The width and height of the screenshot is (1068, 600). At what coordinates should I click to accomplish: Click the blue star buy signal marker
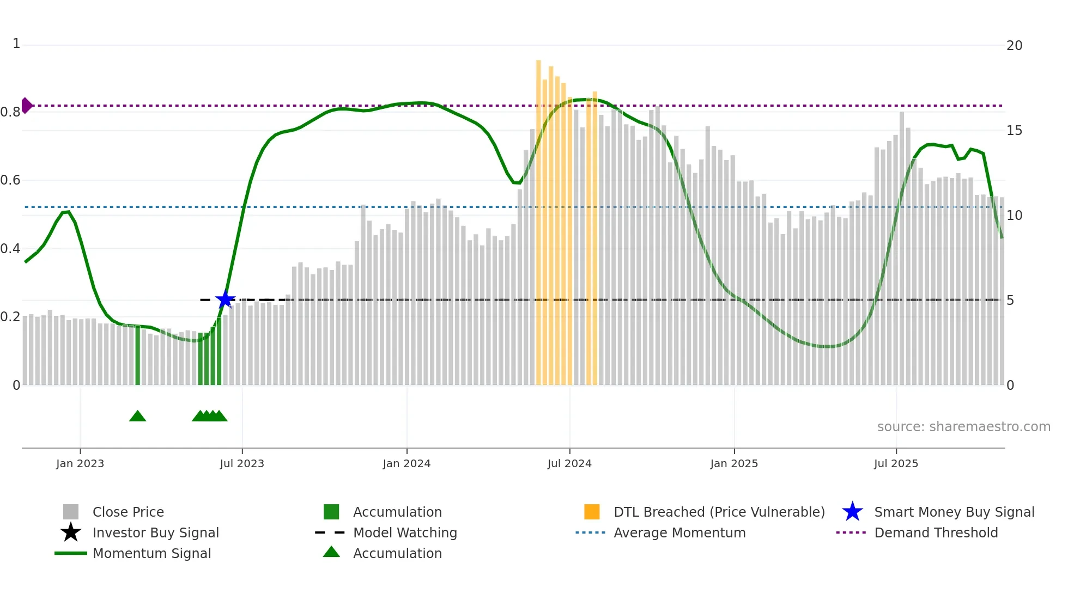224,299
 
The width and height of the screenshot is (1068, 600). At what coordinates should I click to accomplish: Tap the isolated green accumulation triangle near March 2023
137,417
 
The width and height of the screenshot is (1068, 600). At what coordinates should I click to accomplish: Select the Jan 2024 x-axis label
406,463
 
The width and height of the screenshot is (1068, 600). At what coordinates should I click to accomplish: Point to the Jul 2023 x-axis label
242,463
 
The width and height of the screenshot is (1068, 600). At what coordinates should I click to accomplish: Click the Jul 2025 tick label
896,463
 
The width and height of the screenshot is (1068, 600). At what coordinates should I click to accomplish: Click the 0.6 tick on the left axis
10,180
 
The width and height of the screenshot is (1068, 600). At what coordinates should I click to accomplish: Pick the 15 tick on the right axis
1014,131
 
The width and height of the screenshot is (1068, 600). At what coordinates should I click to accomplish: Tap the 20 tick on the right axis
1014,46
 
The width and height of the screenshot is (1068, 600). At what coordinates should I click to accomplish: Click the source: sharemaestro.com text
963,427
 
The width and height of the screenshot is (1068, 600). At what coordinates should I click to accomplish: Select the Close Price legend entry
128,512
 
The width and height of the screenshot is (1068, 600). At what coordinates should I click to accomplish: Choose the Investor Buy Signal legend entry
155,533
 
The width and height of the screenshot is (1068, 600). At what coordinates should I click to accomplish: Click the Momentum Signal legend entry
151,554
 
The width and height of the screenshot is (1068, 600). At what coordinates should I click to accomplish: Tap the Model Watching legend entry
405,533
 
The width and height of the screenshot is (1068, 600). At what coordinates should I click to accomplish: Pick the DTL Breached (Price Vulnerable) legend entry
719,512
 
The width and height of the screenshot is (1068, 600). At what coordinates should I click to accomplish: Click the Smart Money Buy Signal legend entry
954,512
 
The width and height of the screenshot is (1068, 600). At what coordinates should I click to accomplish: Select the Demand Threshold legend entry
936,533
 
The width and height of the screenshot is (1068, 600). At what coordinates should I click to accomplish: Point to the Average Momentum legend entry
679,533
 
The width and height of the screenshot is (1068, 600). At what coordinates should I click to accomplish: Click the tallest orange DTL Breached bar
538,218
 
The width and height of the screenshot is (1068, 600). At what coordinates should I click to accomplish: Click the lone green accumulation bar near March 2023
137,357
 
